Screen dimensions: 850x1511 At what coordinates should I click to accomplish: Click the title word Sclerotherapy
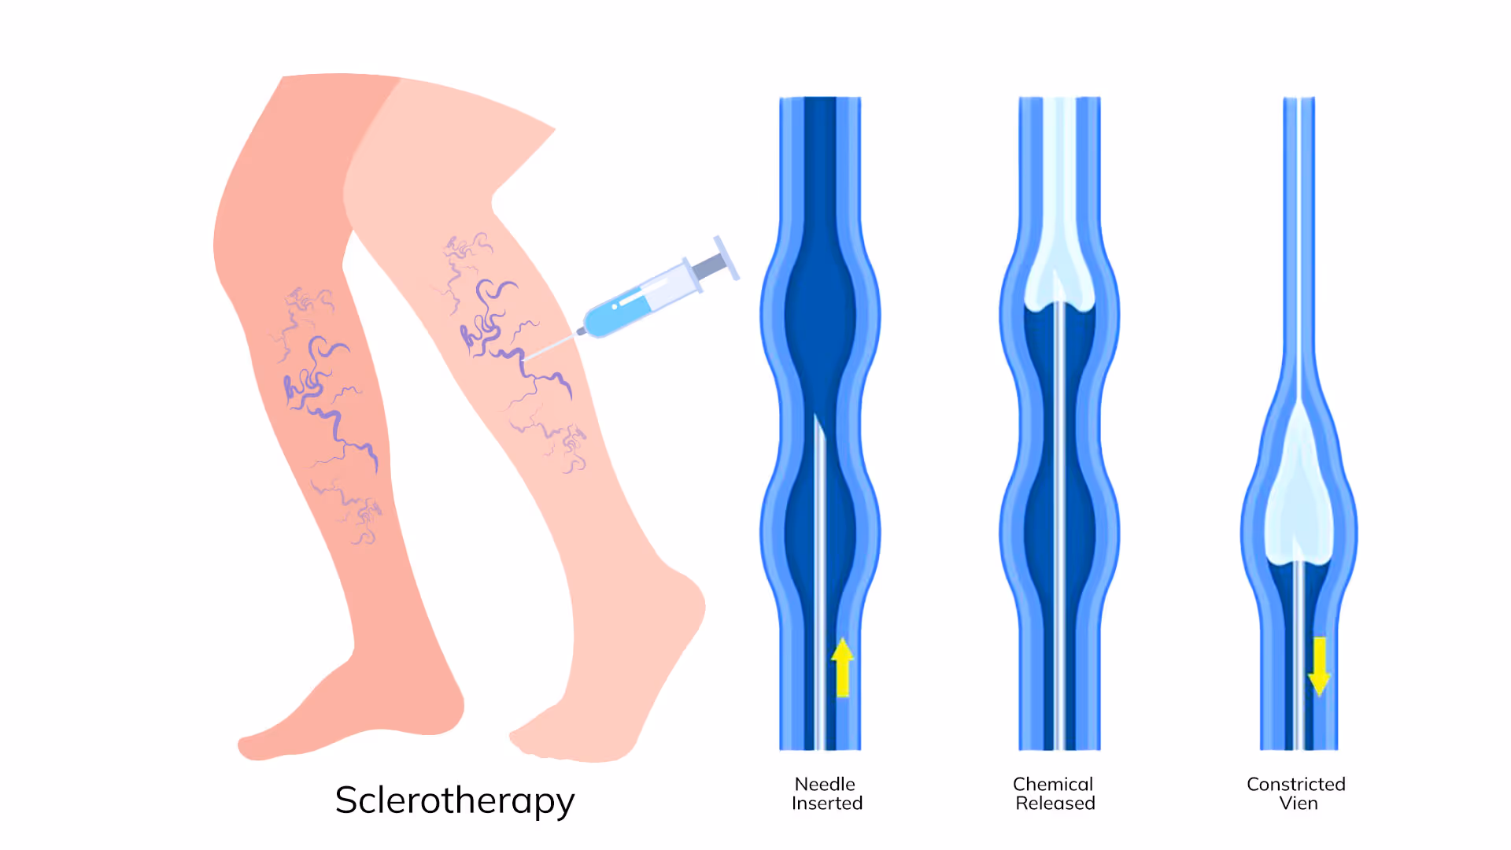[x=455, y=800]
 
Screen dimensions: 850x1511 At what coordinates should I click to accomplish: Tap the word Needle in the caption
[x=825, y=784]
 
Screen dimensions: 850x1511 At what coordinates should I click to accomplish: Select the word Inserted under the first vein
[x=827, y=803]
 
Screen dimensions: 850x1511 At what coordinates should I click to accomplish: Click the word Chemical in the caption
[x=1053, y=784]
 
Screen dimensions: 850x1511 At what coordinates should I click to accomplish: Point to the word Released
[x=1055, y=803]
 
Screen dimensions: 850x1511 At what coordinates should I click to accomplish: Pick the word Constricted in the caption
[x=1296, y=784]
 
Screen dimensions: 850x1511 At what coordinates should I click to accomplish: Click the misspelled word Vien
[x=1299, y=803]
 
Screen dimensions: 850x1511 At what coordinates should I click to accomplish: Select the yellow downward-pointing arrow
[x=1319, y=666]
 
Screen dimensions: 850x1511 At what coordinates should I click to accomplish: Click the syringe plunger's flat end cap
[x=726, y=257]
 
